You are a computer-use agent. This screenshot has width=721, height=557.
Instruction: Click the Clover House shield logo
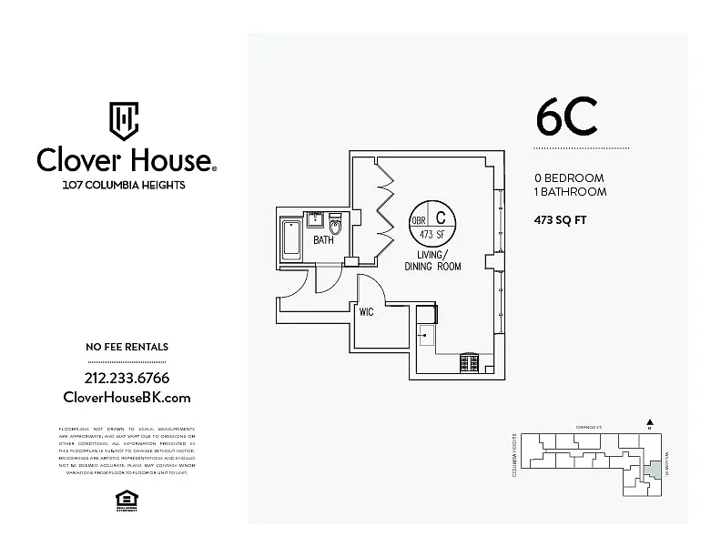(x=124, y=118)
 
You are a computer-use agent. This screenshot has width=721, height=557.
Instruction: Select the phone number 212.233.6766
(x=127, y=378)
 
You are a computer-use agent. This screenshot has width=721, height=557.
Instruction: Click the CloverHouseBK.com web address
(x=127, y=398)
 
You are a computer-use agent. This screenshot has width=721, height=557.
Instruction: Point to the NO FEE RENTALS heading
(x=127, y=347)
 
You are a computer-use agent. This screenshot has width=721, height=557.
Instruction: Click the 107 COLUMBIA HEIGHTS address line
(x=124, y=185)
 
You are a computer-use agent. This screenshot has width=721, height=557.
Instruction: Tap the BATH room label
(x=323, y=241)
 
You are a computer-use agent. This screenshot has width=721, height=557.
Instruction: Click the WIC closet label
(x=367, y=311)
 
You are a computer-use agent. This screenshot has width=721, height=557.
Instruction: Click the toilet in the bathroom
(x=334, y=225)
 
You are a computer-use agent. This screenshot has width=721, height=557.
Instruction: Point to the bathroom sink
(x=317, y=218)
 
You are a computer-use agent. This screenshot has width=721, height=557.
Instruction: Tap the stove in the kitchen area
(x=470, y=362)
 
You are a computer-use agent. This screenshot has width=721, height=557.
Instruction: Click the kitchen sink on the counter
(x=425, y=334)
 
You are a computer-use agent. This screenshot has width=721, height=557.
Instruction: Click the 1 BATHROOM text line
(x=569, y=192)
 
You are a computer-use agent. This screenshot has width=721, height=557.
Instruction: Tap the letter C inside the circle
(x=442, y=218)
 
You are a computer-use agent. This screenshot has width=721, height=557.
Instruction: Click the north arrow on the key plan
(x=650, y=422)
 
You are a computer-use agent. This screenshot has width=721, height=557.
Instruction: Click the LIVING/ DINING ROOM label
(x=432, y=260)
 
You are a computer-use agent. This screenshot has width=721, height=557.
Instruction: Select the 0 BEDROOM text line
(x=568, y=178)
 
